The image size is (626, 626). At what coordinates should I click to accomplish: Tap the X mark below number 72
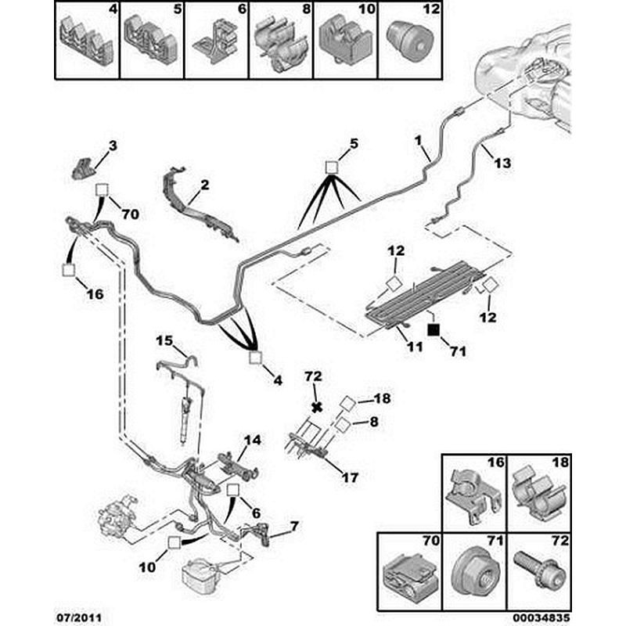pyautogui.click(x=316, y=407)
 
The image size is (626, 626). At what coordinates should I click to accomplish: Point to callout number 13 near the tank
pyautogui.click(x=502, y=163)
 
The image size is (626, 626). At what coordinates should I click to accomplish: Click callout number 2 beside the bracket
pyautogui.click(x=204, y=185)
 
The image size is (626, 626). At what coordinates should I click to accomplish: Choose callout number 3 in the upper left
pyautogui.click(x=112, y=146)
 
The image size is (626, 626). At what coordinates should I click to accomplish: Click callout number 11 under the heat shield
pyautogui.click(x=405, y=344)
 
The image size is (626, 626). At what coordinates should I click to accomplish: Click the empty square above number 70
pyautogui.click(x=102, y=191)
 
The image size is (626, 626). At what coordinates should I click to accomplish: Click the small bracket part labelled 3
pyautogui.click(x=84, y=167)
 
